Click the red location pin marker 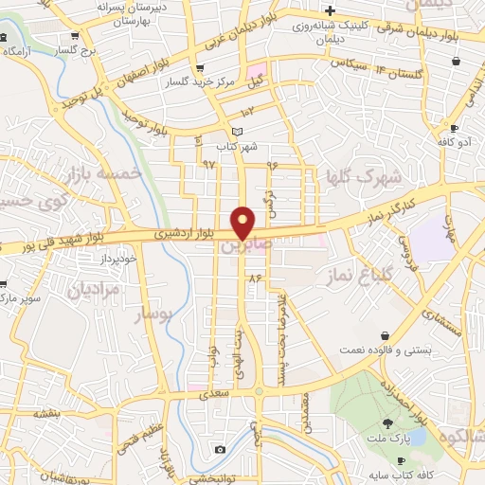[x=244, y=222]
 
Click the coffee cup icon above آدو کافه [x=455, y=128]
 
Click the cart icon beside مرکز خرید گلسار [x=199, y=68]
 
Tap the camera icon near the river [x=220, y=449]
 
